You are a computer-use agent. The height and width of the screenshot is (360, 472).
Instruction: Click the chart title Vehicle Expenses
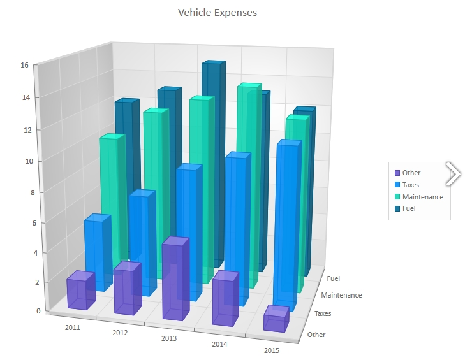(x=218, y=13)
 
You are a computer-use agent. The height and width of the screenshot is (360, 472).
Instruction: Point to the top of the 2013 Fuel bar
(x=213, y=64)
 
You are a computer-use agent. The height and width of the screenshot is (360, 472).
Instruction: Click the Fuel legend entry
(x=409, y=208)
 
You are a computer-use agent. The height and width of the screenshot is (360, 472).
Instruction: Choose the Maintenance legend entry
(x=422, y=197)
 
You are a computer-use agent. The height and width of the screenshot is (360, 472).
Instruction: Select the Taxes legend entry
(x=411, y=185)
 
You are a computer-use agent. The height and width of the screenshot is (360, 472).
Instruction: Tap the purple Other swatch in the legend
(x=397, y=173)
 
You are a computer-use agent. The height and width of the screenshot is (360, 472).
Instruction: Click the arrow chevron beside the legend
(x=454, y=173)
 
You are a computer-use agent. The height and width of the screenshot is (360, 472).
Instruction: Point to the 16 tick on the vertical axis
(x=24, y=65)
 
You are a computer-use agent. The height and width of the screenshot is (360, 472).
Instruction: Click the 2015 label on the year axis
(x=271, y=350)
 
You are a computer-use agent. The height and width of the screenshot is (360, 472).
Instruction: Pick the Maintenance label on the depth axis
(x=341, y=295)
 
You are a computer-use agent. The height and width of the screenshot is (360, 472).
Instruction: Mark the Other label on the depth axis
(x=316, y=335)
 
